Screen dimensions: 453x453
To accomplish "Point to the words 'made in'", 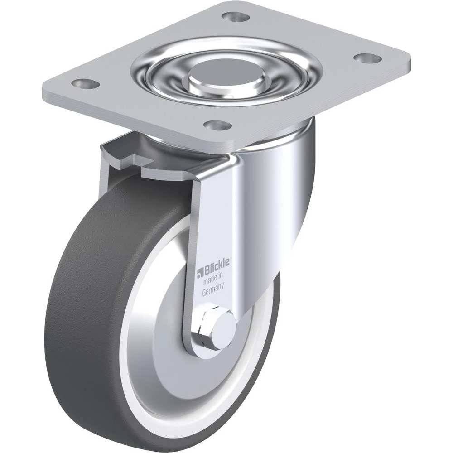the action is [213, 279].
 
